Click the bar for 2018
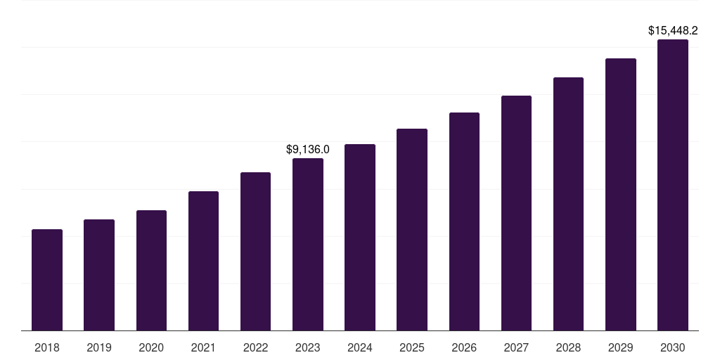(47, 280)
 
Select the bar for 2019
(99, 275)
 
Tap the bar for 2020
(151, 271)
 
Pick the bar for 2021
(203, 261)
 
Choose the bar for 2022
(255, 252)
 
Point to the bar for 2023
(308, 245)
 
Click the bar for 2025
(412, 230)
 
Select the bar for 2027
(516, 213)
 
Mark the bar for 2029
(621, 195)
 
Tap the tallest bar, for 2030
(673, 185)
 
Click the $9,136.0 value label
(308, 150)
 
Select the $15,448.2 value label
(673, 31)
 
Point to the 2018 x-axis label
(47, 347)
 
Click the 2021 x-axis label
(203, 347)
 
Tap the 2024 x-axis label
(360, 347)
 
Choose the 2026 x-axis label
(464, 347)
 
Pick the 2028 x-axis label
(568, 347)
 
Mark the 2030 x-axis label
(673, 347)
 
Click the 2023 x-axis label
(308, 347)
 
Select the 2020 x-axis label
(151, 347)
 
